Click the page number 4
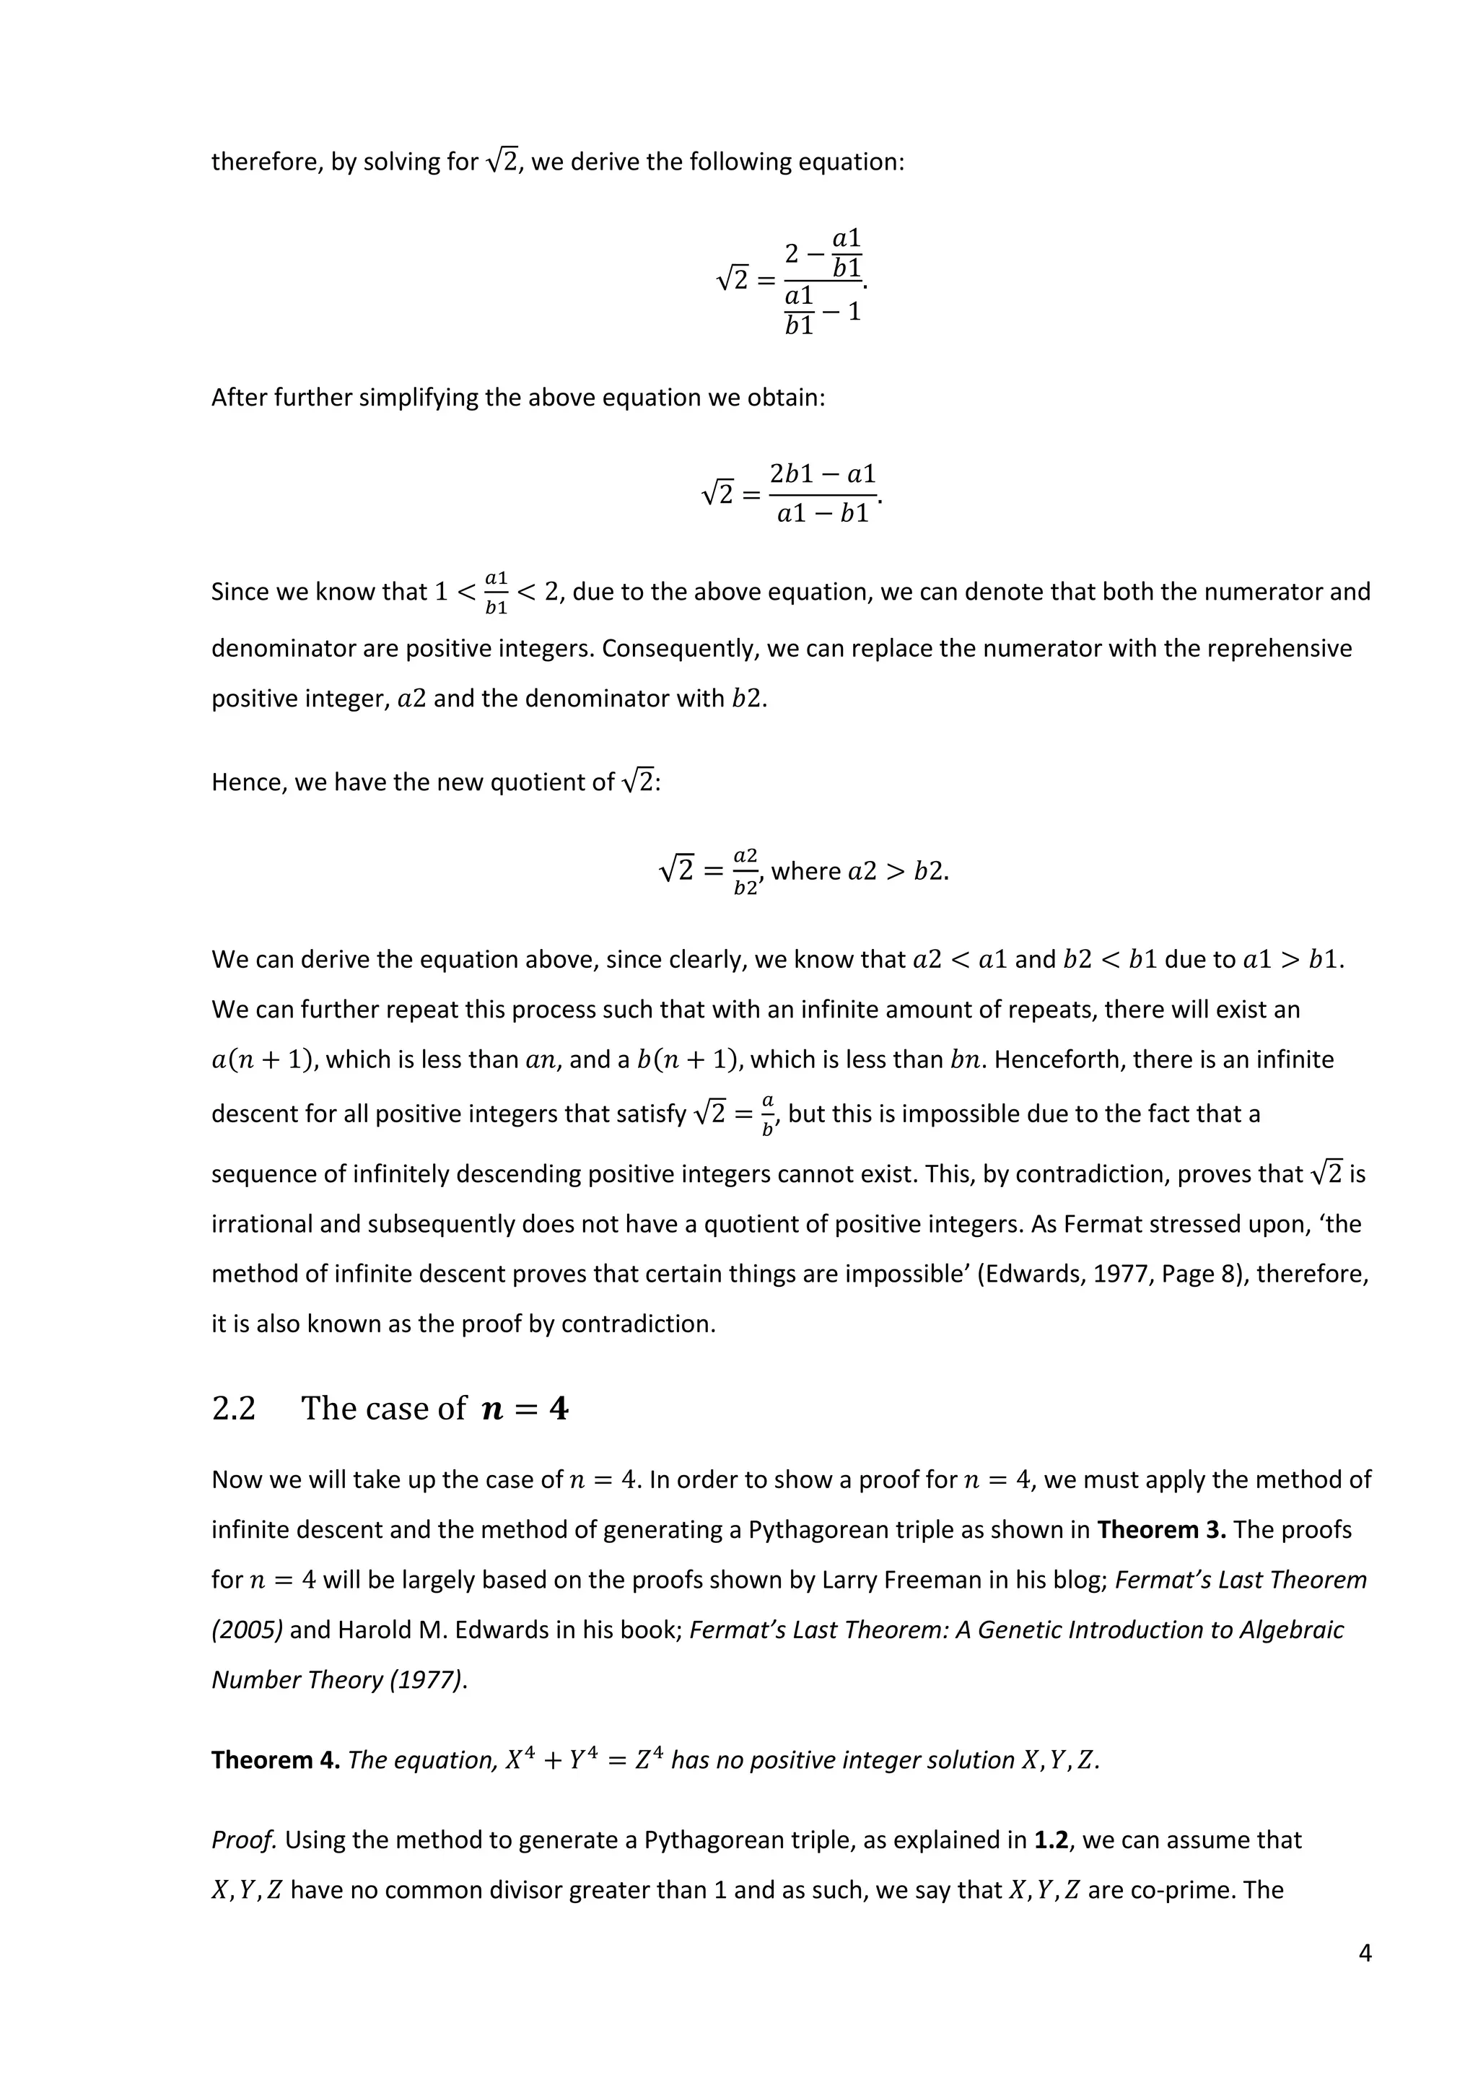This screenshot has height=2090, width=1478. point(1364,1953)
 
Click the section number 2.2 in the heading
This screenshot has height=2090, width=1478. point(233,1408)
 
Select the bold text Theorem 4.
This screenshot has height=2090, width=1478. point(275,1759)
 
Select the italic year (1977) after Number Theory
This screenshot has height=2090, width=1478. point(426,1679)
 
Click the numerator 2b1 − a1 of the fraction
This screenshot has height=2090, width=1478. point(822,473)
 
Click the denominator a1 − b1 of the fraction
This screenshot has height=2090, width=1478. point(822,515)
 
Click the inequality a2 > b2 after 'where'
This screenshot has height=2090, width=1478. point(896,871)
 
